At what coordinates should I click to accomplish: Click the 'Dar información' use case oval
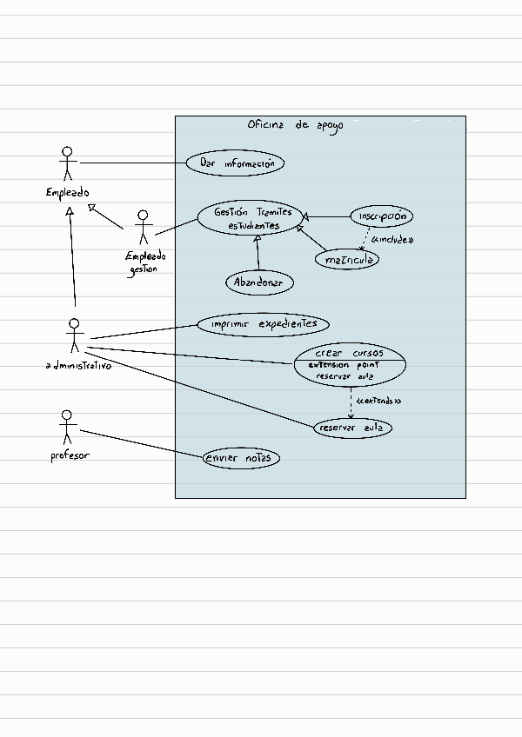[235, 163]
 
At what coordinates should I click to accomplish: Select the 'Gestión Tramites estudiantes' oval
[251, 218]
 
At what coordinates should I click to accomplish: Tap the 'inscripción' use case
[382, 216]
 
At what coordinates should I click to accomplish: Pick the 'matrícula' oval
[347, 260]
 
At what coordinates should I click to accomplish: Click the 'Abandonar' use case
[259, 282]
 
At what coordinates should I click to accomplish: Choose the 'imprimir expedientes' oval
[263, 324]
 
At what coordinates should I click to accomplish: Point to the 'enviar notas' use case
[241, 458]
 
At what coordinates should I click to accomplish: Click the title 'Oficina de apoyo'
[296, 125]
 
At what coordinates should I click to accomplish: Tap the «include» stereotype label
[392, 240]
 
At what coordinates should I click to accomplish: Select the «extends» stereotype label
[379, 401]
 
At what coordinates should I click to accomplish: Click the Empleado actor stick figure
[67, 163]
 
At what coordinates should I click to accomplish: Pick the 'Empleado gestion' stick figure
[143, 228]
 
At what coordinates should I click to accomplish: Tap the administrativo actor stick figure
[74, 335]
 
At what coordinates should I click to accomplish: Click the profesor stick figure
[67, 428]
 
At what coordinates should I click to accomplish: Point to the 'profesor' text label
[70, 455]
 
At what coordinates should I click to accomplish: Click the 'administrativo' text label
[78, 366]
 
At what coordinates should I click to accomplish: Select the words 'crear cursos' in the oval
[349, 353]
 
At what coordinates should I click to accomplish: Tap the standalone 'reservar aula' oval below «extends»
[352, 428]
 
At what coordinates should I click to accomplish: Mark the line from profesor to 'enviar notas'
[141, 444]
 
